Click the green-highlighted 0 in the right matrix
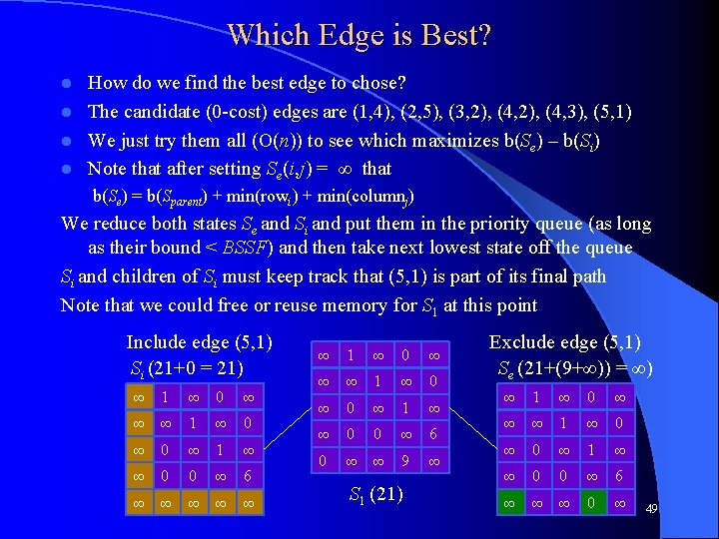coord(593,504)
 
